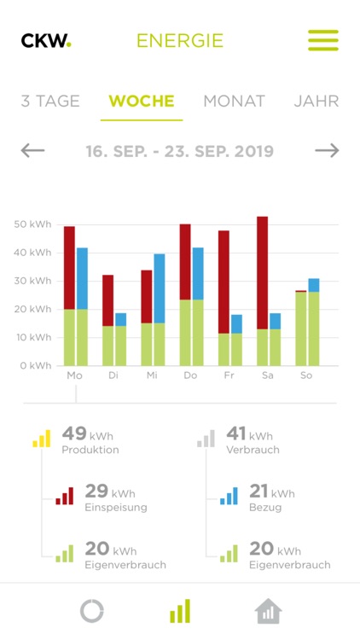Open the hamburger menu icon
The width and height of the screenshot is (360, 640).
click(x=323, y=40)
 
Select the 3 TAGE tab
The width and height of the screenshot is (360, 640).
click(x=50, y=101)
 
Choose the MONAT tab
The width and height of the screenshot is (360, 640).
click(x=234, y=101)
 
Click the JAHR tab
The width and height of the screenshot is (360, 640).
click(x=316, y=101)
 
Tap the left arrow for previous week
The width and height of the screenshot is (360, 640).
click(x=33, y=151)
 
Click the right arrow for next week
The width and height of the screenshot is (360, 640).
click(x=327, y=151)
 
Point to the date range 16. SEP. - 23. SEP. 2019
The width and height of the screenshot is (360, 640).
click(x=180, y=152)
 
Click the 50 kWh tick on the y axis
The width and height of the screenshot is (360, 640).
click(x=32, y=224)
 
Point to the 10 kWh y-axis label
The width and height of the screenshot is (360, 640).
click(x=32, y=338)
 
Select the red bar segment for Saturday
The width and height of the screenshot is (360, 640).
click(x=262, y=273)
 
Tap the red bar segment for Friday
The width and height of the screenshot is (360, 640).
click(x=224, y=282)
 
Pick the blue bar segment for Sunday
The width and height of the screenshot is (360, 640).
click(x=314, y=285)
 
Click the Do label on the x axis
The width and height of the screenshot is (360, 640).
click(x=185, y=375)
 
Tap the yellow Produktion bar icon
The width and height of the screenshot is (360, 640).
click(x=42, y=439)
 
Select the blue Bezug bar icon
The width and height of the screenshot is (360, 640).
click(x=229, y=496)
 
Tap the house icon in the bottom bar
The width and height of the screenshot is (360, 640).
click(x=268, y=611)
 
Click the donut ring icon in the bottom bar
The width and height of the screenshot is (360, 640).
click(x=91, y=611)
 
